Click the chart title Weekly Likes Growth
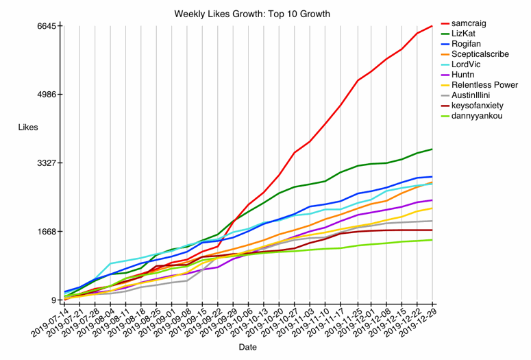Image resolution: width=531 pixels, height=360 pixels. [252, 14]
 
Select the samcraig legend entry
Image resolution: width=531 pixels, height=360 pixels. [469, 23]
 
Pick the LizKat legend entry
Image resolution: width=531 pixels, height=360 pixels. [465, 34]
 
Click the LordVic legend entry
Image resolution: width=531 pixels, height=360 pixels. [467, 64]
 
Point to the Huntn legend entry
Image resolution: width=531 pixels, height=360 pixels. [465, 75]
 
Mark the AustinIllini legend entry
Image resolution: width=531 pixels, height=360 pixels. [475, 95]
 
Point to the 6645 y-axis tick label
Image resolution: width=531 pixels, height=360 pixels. [47, 26]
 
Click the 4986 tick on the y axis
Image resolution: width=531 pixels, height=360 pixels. [47, 95]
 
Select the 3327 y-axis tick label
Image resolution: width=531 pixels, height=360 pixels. [47, 163]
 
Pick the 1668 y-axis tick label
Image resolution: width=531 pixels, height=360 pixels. [47, 232]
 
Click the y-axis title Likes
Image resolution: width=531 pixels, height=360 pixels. [28, 128]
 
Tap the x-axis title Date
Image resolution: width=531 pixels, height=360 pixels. [248, 348]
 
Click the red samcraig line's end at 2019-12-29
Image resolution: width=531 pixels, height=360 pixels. [432, 26]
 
